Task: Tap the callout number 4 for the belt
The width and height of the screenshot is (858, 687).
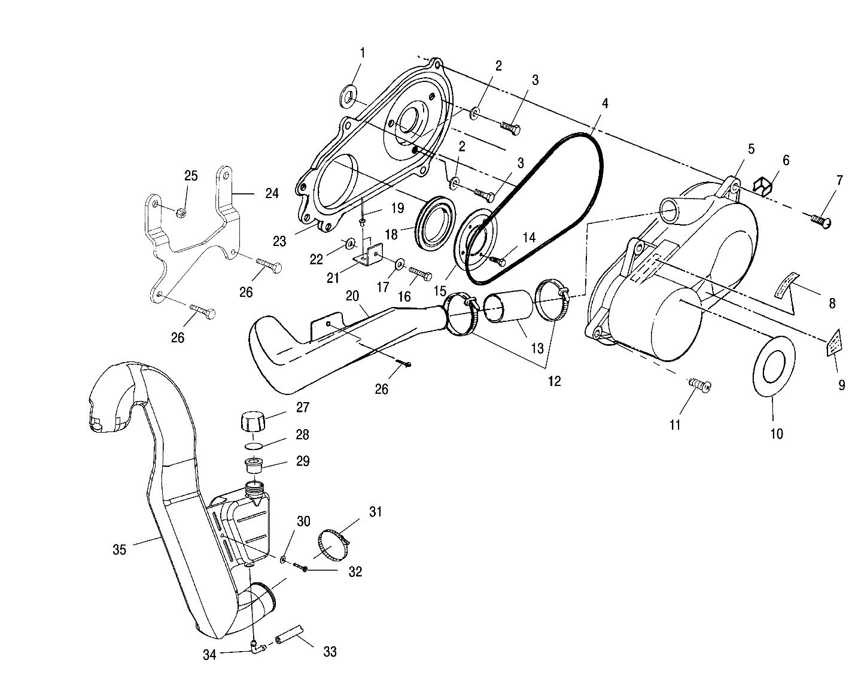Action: [x=605, y=104]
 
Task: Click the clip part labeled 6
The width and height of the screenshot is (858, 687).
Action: [x=761, y=185]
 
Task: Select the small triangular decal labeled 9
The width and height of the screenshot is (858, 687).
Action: [x=832, y=343]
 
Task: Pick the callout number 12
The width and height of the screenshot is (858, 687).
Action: [x=554, y=381]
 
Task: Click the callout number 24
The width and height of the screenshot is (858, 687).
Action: [x=272, y=193]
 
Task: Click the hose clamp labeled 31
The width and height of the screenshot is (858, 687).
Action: [x=331, y=542]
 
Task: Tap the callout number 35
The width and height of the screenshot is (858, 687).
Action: [x=119, y=549]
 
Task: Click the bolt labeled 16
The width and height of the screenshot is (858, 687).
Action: [x=421, y=275]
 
